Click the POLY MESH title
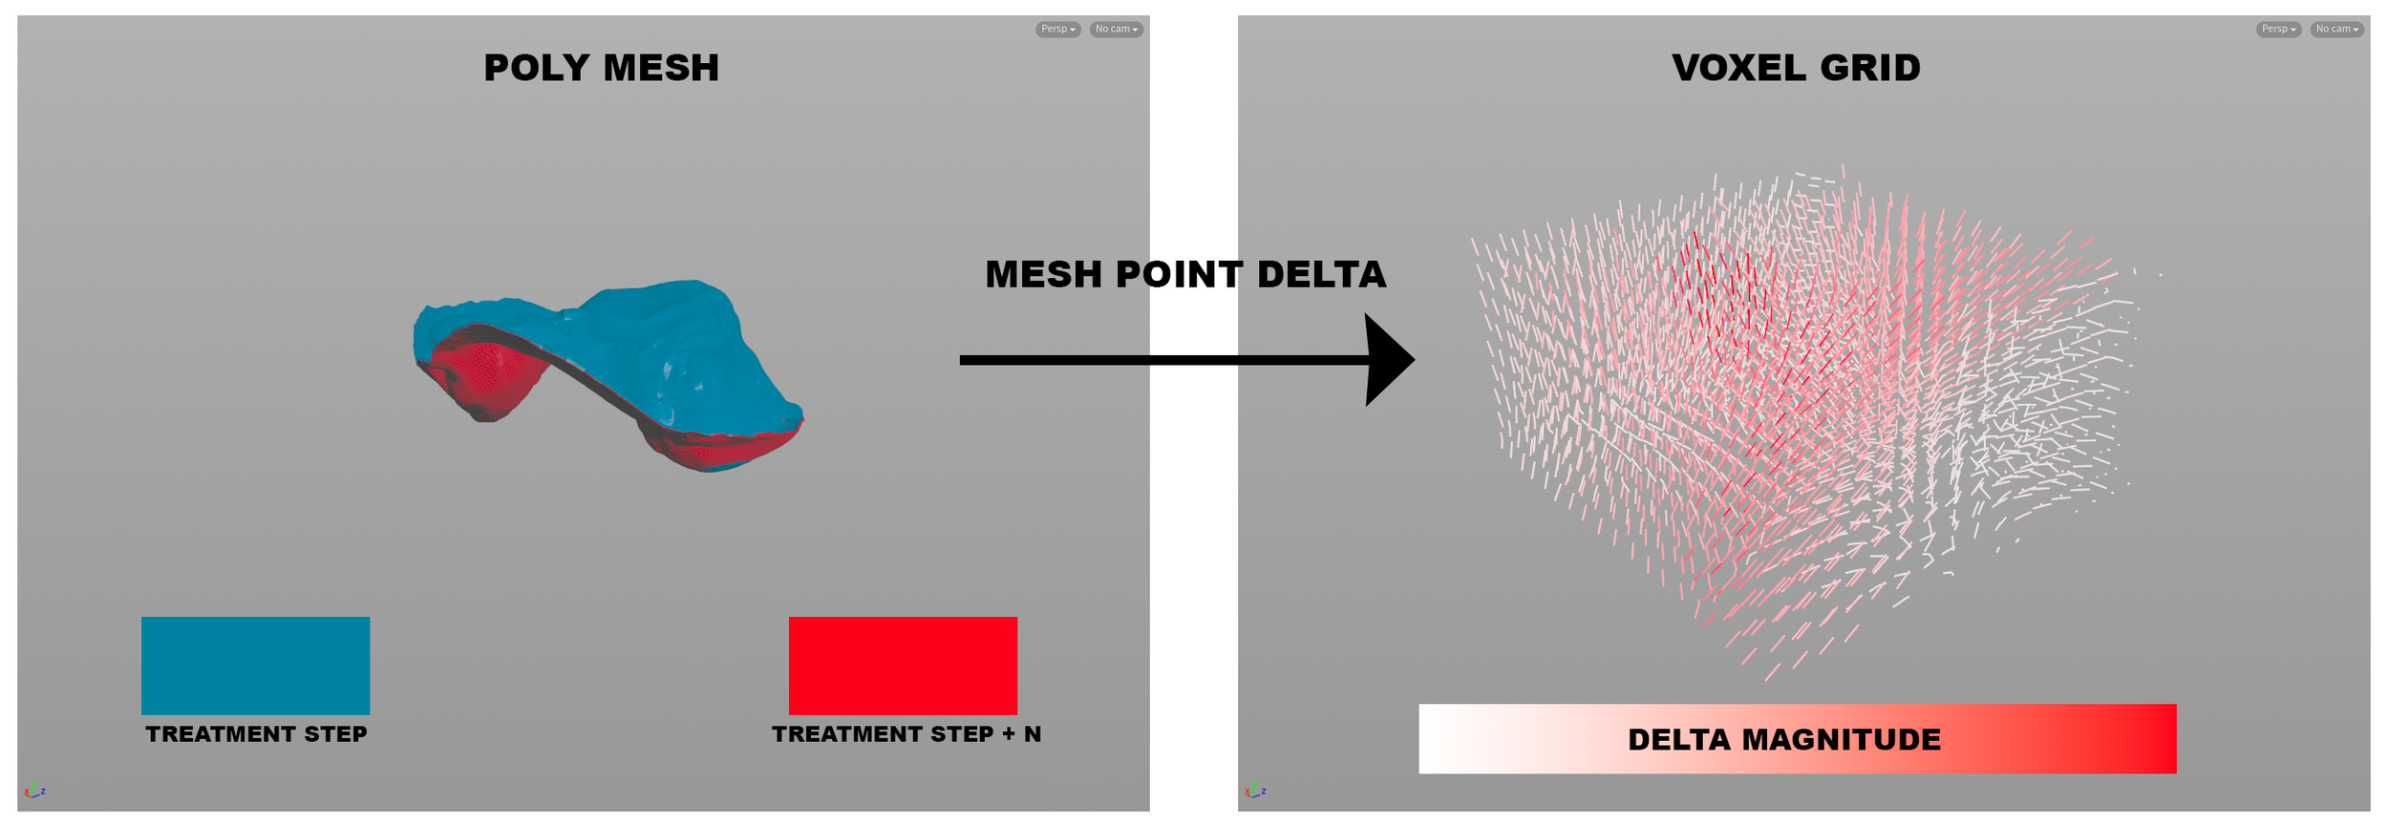coord(601,68)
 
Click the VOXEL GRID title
coord(1795,68)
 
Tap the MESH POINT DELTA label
coord(1184,275)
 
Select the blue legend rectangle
coord(255,666)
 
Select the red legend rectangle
coord(903,666)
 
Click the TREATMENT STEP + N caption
coord(906,734)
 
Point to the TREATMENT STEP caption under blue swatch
coord(256,734)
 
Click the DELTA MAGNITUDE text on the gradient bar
coord(1783,740)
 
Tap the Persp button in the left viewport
coord(1057,30)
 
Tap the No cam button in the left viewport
coord(1115,30)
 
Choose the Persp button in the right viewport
coord(2278,30)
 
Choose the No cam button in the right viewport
coord(2335,30)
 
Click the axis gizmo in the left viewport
coord(33,791)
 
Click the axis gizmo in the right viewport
coord(1254,791)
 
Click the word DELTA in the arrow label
coord(1321,275)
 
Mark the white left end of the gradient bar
coord(1438,739)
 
